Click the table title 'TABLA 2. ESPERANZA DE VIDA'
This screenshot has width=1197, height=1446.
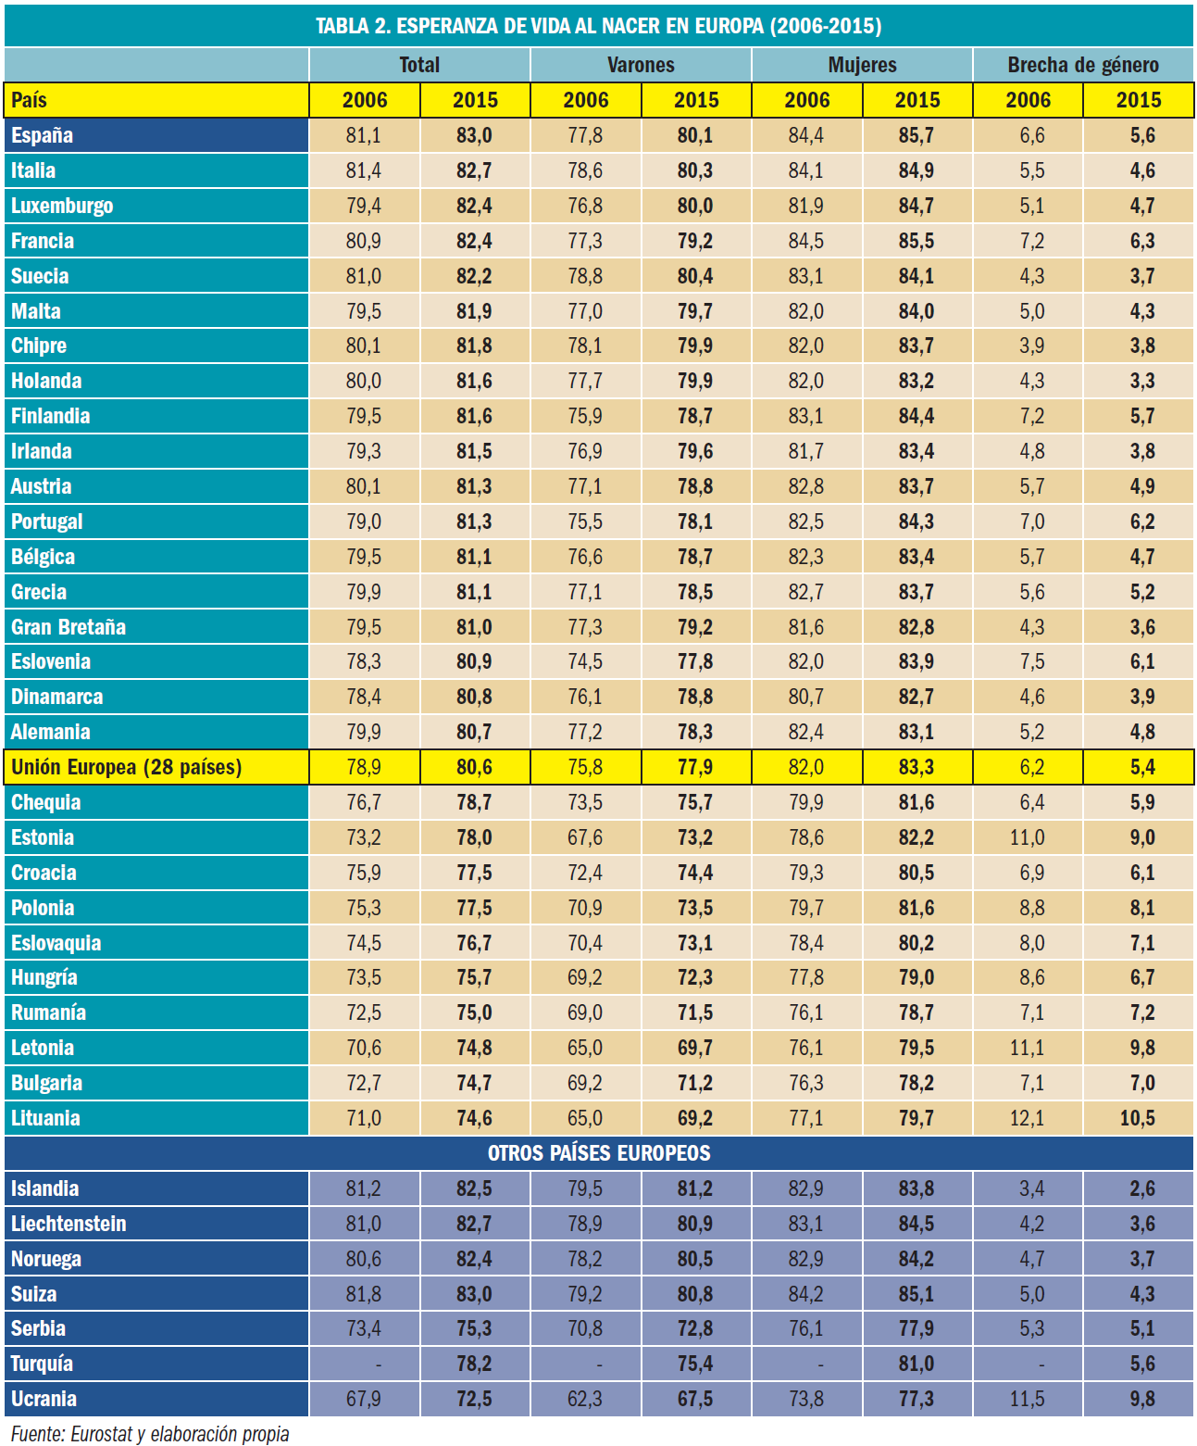point(598,25)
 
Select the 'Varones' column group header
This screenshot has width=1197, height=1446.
point(641,65)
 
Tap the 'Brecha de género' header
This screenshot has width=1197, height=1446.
point(1083,65)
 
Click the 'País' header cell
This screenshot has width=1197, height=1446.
point(30,100)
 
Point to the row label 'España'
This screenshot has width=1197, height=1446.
point(43,135)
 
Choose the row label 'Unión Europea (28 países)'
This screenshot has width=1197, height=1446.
point(126,767)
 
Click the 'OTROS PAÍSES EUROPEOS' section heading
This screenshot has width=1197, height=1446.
point(599,1153)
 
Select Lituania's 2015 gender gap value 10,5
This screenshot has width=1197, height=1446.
point(1138,1118)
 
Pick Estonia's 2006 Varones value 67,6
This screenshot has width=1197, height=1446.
point(585,837)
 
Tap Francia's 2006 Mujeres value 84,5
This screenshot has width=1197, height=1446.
point(806,241)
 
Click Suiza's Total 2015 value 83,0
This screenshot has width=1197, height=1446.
point(474,1294)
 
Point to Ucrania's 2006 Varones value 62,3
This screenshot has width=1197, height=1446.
point(585,1399)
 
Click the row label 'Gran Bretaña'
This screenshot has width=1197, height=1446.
point(69,627)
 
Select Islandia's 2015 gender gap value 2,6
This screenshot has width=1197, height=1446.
point(1142,1188)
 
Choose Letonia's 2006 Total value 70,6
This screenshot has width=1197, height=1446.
point(364,1048)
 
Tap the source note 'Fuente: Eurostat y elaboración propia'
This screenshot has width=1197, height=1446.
point(150,1434)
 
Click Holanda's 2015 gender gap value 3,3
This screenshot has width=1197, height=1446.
point(1142,381)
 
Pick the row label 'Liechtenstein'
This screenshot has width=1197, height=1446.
point(69,1224)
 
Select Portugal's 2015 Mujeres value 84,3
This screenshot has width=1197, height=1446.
point(916,522)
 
